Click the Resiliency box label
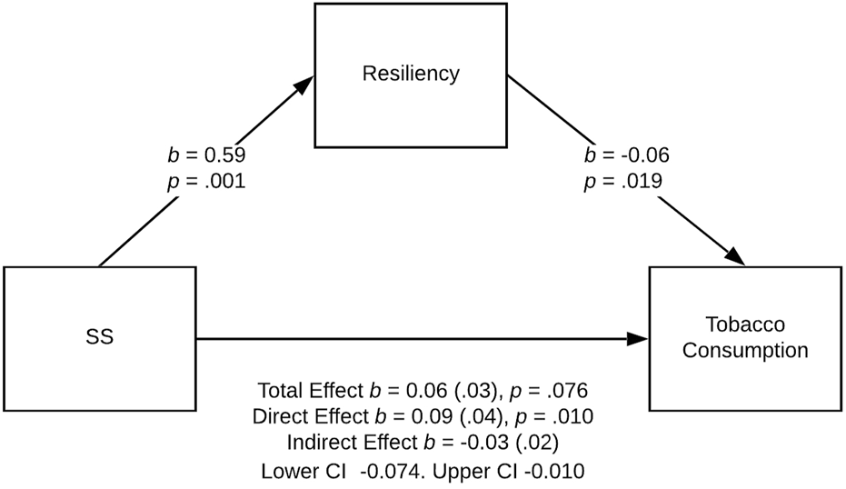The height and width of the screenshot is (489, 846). coord(411,74)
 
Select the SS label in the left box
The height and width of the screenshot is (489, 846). coord(100,337)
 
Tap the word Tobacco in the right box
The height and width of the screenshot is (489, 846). coord(745,324)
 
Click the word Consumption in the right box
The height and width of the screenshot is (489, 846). coord(745,350)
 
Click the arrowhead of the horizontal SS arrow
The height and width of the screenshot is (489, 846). coord(637,339)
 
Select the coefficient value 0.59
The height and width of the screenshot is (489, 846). coord(225,155)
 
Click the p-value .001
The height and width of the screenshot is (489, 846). coord(225,182)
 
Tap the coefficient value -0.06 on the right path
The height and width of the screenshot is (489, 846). coord(645,155)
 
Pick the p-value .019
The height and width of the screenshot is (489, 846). coord(642,182)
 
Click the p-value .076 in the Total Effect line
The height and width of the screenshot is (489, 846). coord(567,390)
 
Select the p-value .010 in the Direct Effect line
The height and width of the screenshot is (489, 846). coord(572,416)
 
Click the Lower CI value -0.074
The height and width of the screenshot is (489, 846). coord(390,471)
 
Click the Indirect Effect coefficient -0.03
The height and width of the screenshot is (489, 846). coord(484,442)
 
